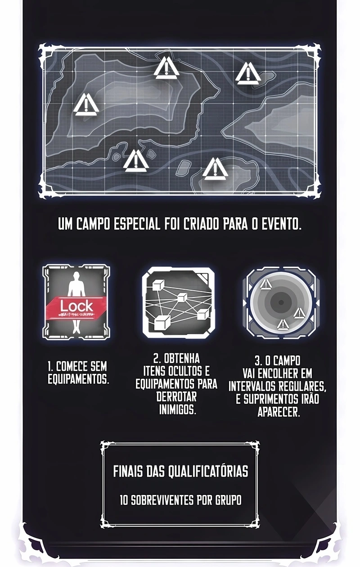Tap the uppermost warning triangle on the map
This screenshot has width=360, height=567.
click(166, 67)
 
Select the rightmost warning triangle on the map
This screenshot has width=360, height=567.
click(248, 74)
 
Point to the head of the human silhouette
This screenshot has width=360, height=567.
click(76, 276)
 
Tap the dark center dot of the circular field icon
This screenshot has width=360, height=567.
click(281, 302)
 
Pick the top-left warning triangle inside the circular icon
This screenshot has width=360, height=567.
click(266, 284)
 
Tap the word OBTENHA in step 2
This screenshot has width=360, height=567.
click(182, 359)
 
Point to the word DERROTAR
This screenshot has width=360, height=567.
click(176, 396)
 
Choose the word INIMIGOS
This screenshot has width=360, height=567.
click(177, 409)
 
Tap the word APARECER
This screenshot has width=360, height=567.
click(279, 412)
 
